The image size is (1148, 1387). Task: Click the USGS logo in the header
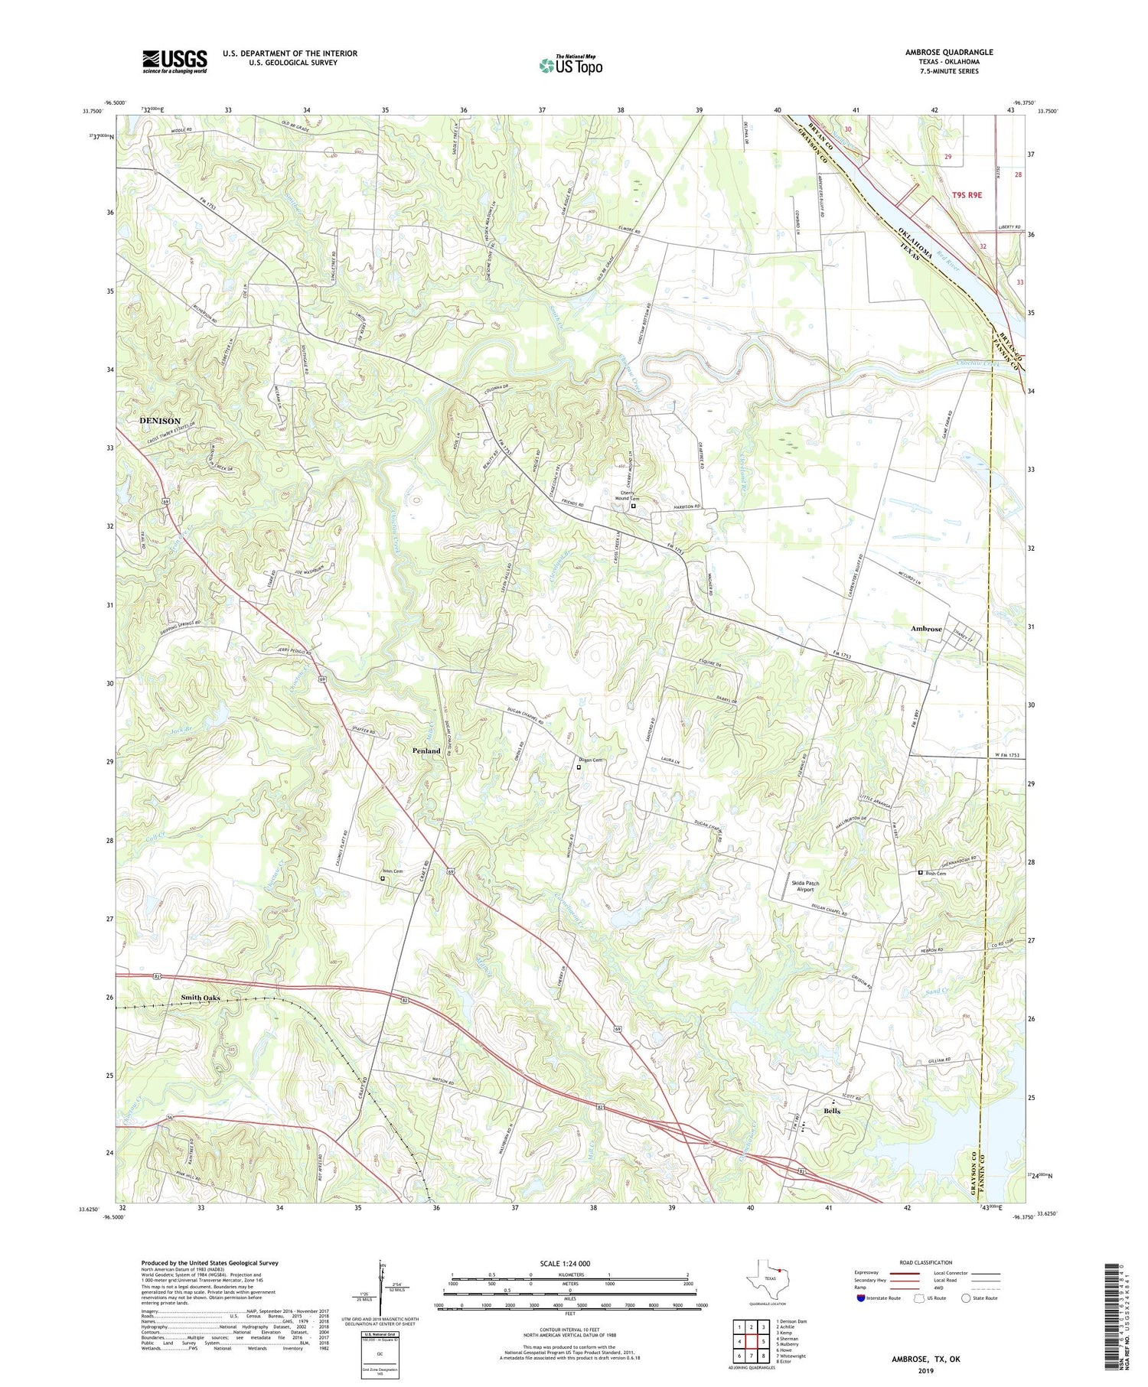[x=174, y=61]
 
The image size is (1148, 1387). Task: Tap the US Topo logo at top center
[x=571, y=66]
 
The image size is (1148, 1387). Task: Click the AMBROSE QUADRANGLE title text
[x=948, y=52]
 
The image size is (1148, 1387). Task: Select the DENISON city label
[x=160, y=421]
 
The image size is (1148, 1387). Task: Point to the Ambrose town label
[x=926, y=629]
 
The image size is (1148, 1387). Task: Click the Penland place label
[x=426, y=750]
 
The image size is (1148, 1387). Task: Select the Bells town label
[x=832, y=1111]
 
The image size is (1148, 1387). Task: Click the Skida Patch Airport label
[x=805, y=887]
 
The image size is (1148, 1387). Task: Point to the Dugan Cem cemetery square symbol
[x=579, y=767]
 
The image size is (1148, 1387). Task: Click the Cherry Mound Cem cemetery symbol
[x=633, y=506]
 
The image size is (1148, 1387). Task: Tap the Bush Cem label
[x=936, y=873]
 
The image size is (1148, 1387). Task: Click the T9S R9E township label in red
[x=967, y=195]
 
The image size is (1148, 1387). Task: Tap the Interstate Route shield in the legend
[x=861, y=1298]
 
